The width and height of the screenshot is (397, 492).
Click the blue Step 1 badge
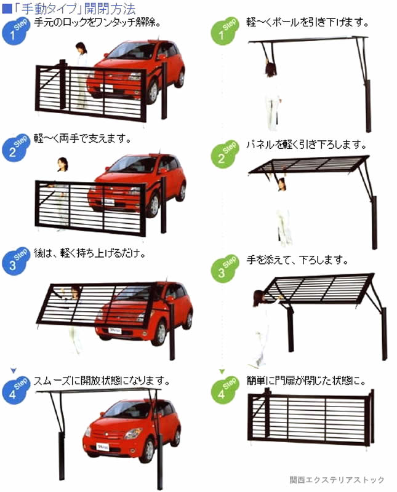(x=15, y=31)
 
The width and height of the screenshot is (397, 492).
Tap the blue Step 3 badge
(x=15, y=261)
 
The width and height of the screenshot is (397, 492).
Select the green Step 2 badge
(x=224, y=154)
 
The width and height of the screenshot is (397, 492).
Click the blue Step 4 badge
(x=15, y=391)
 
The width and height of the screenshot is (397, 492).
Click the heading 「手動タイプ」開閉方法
(x=74, y=9)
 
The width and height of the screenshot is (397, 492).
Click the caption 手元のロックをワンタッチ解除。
(x=97, y=23)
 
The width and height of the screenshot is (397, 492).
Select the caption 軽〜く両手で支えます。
(x=82, y=138)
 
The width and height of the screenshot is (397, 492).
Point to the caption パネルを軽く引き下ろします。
(x=307, y=145)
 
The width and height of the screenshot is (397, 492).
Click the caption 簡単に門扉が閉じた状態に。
(x=307, y=381)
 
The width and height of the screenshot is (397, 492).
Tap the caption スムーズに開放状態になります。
(x=102, y=381)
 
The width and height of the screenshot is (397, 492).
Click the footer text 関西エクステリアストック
(x=337, y=480)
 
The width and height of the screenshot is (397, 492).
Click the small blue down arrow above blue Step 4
(x=13, y=371)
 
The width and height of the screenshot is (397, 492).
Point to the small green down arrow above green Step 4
(x=222, y=371)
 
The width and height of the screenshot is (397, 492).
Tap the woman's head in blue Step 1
(x=81, y=48)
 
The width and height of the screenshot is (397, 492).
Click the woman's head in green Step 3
(x=259, y=298)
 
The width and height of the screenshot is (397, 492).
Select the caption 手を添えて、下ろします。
(x=297, y=260)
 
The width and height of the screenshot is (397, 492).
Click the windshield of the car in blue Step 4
(x=125, y=410)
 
